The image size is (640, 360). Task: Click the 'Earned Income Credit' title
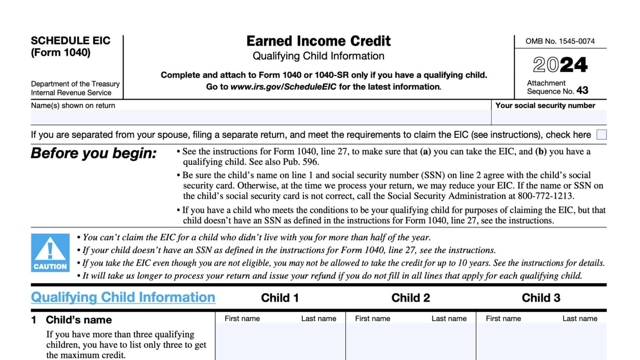click(318, 41)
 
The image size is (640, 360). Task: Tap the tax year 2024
click(560, 65)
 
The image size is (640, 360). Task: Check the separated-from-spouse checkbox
click(601, 135)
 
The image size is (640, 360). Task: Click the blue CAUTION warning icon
click(50, 253)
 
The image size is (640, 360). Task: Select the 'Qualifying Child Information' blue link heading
click(123, 297)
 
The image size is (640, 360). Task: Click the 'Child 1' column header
click(280, 298)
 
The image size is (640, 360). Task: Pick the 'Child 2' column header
click(410, 298)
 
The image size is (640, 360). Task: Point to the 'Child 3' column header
click(541, 298)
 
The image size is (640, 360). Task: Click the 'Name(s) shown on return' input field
click(260, 117)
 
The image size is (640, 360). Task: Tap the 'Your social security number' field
click(549, 117)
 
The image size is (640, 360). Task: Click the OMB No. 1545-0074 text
click(560, 41)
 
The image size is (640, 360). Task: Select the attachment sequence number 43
click(582, 90)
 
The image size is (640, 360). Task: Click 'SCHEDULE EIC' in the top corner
click(70, 41)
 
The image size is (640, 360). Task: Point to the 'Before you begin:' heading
click(94, 153)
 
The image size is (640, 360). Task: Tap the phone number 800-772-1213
click(545, 196)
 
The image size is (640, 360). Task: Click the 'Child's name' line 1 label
click(79, 320)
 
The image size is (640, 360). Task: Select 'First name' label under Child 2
click(372, 319)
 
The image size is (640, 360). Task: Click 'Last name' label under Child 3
click(580, 319)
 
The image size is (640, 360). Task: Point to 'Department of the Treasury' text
click(75, 84)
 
